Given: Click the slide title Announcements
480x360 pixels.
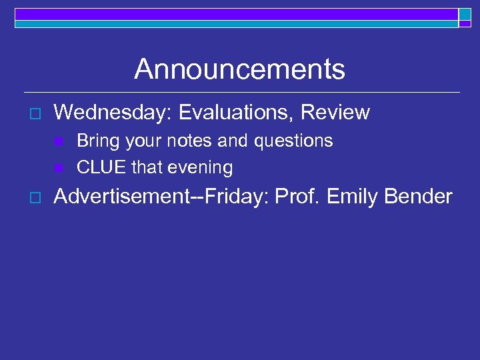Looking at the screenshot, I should pyautogui.click(x=239, y=69).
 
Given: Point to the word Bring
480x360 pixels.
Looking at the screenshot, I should pyautogui.click(x=97, y=141).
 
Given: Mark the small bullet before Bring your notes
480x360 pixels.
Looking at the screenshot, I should pyautogui.click(x=59, y=142).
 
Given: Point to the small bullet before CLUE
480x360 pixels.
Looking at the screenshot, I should pyautogui.click(x=59, y=167).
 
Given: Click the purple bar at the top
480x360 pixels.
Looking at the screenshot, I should pyautogui.click(x=236, y=14).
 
